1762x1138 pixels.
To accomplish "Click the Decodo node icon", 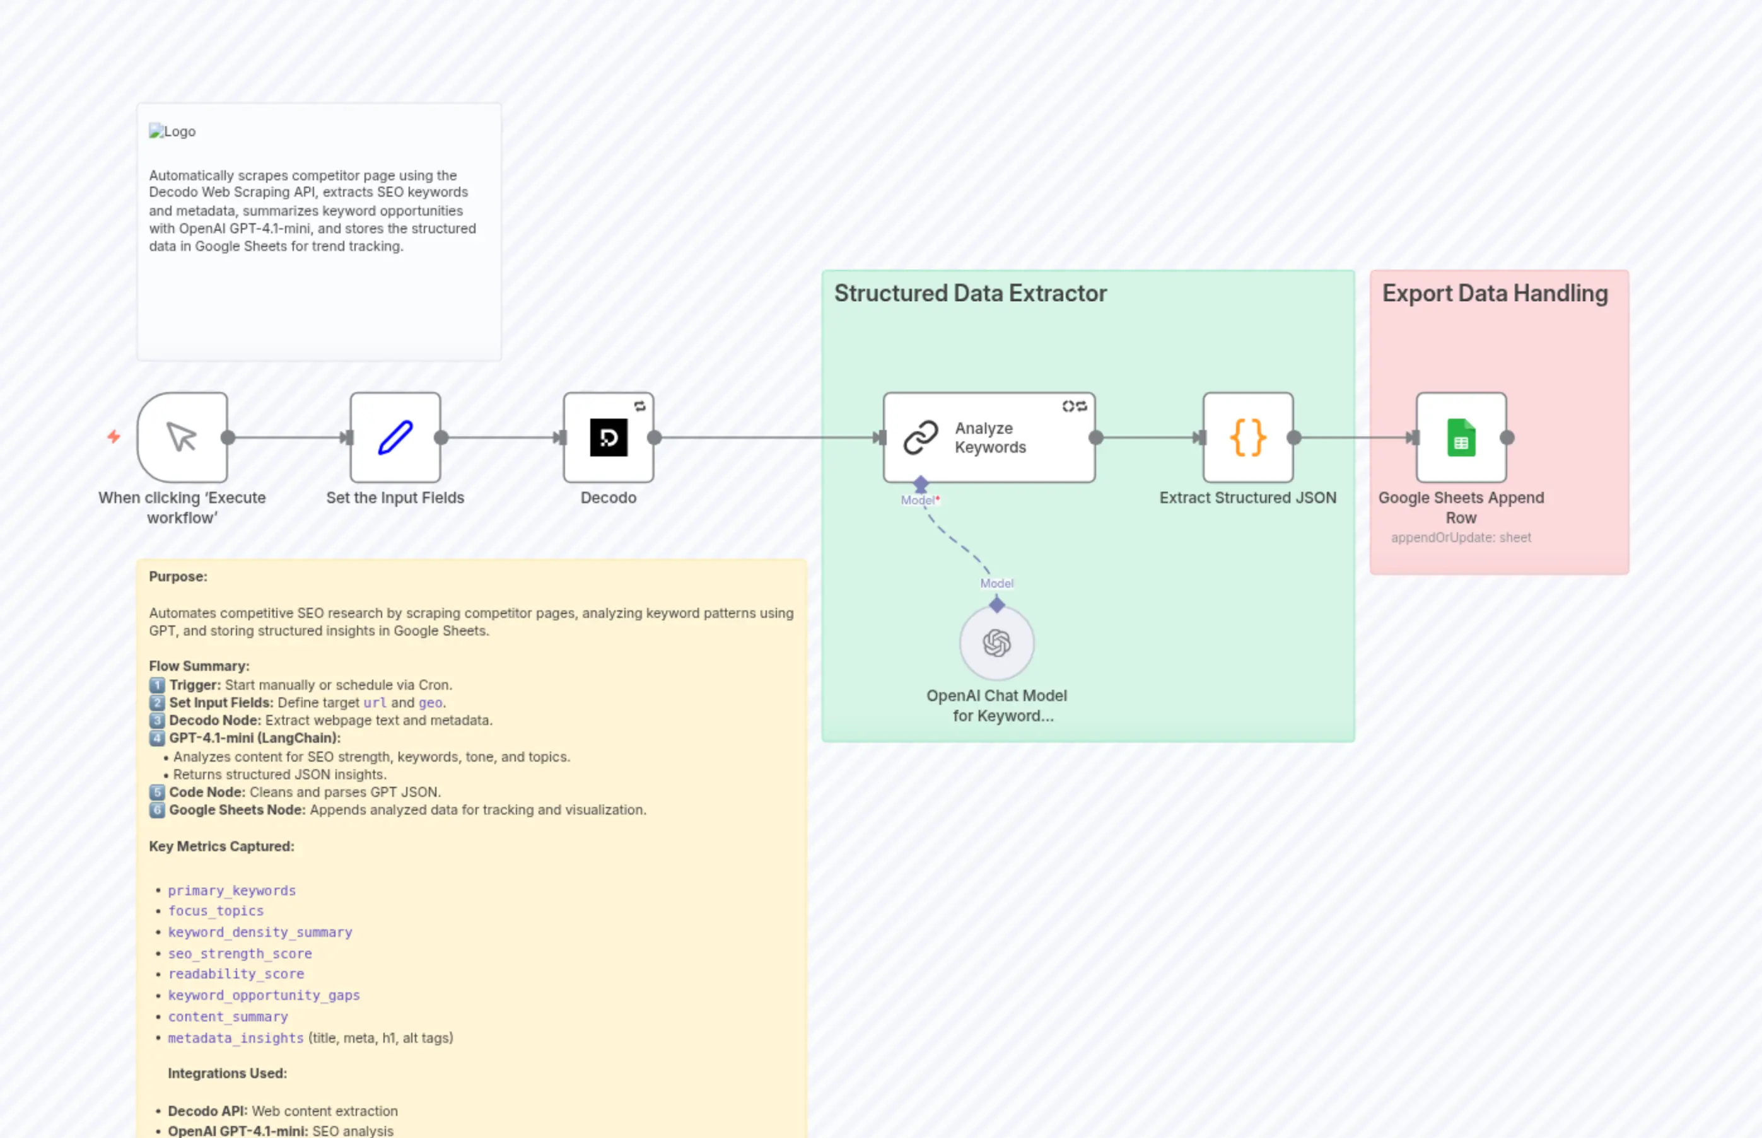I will (x=609, y=438).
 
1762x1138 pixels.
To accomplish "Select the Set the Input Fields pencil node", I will (x=395, y=438).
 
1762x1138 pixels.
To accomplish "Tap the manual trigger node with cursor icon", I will (x=182, y=438).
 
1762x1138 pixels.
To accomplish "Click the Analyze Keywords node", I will (x=989, y=438).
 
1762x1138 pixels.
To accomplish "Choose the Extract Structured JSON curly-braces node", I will (x=1247, y=438).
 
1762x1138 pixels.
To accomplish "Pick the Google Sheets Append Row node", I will (x=1461, y=438).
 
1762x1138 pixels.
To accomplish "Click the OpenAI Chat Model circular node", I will (x=996, y=643).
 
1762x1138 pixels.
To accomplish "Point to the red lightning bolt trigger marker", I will (x=114, y=437).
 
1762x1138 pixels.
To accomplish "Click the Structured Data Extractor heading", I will (x=970, y=293).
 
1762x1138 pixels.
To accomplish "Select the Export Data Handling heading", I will (x=1495, y=293).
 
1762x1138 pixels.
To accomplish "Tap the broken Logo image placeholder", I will (x=172, y=132).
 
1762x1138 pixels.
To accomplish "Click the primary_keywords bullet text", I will (x=231, y=890).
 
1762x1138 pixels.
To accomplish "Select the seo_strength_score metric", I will (x=240, y=953).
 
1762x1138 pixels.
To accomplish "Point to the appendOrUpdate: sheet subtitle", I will (x=1461, y=537).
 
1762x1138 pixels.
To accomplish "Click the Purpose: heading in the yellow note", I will (x=178, y=576).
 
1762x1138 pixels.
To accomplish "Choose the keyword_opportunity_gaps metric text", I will (x=263, y=996).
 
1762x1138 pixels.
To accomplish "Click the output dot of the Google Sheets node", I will (x=1507, y=438).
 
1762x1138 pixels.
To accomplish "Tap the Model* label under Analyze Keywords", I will (x=919, y=500).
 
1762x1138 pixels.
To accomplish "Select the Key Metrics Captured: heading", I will (x=221, y=846).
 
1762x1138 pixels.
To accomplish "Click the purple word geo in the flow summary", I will (x=430, y=703).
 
